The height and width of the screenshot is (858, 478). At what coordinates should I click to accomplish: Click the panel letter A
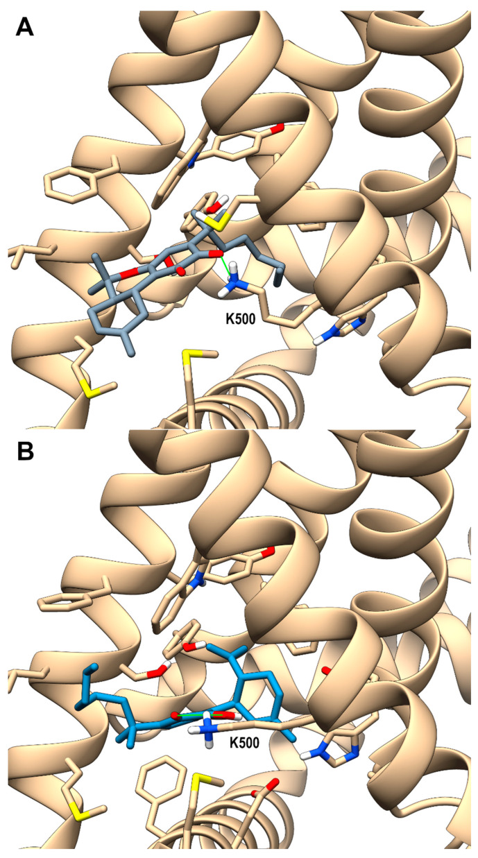tap(25, 27)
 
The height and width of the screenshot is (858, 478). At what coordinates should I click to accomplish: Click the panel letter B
tap(25, 452)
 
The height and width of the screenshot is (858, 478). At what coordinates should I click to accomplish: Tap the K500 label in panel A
tap(241, 318)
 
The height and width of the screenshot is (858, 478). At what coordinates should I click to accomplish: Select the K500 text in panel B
tap(244, 743)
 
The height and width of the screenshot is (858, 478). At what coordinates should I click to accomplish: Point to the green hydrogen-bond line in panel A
tap(225, 265)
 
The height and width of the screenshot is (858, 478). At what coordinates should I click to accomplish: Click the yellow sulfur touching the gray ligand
tap(214, 223)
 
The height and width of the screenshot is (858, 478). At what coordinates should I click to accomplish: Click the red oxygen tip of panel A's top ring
tap(277, 129)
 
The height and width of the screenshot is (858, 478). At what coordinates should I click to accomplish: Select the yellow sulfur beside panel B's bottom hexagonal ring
tap(200, 782)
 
